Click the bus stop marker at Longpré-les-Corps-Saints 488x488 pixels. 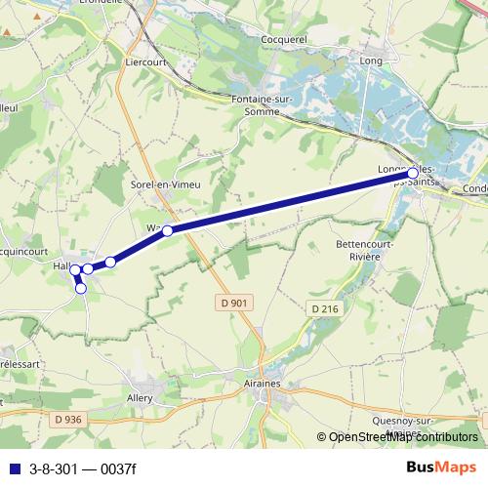413,173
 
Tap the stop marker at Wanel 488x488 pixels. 168,230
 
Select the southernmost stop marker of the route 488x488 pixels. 81,288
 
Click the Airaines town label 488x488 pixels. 258,385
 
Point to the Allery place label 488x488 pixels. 141,400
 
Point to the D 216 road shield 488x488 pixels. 325,308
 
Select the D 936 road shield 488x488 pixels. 69,419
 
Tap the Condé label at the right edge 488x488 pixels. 475,188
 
